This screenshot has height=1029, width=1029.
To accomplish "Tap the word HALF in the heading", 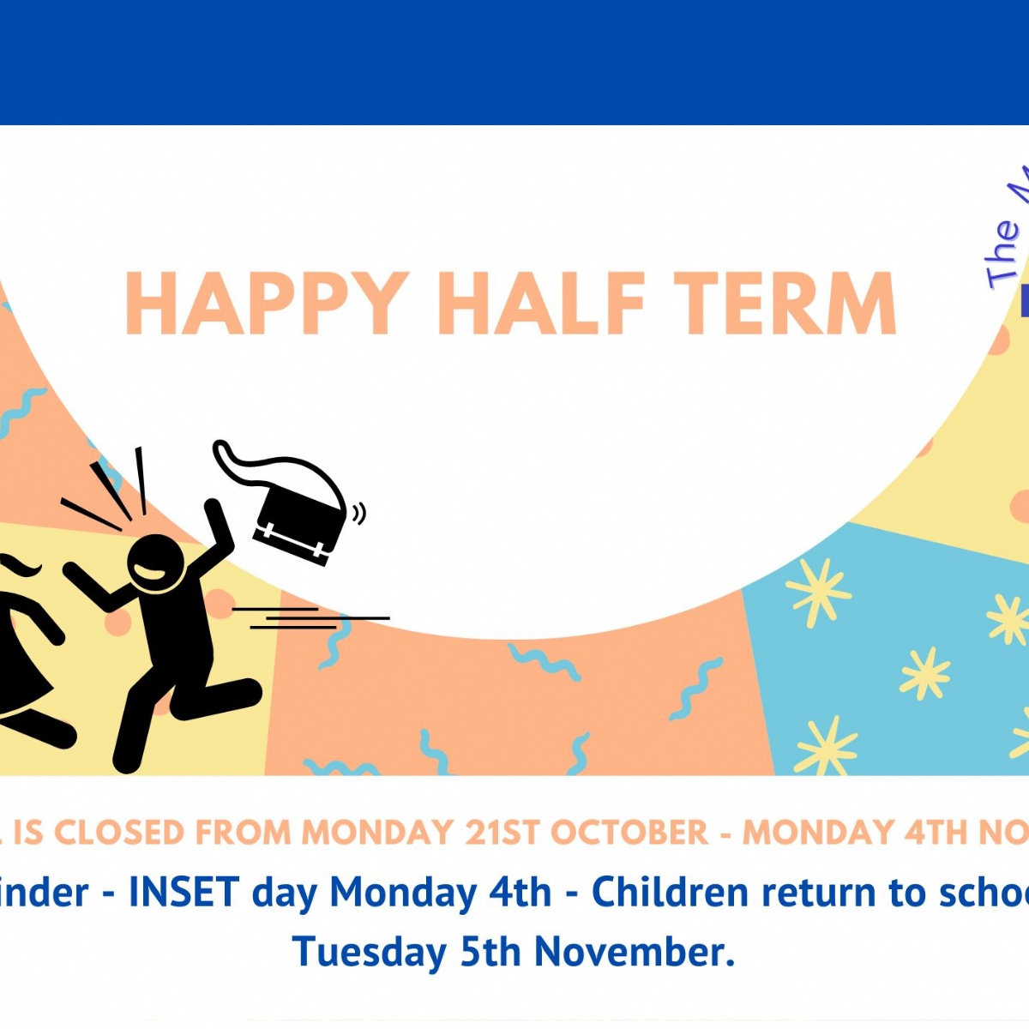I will click(x=541, y=304).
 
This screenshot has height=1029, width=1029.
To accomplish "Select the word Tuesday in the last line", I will click(x=369, y=952).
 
